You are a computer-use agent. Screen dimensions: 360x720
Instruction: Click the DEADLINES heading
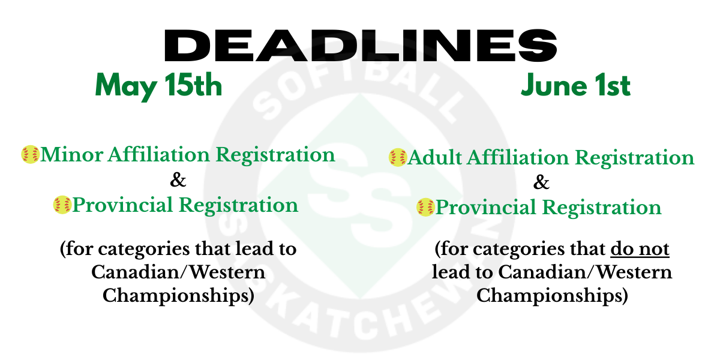click(x=360, y=45)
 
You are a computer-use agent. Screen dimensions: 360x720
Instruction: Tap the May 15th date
click(x=158, y=86)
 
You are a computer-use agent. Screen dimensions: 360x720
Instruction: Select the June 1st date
click(x=575, y=86)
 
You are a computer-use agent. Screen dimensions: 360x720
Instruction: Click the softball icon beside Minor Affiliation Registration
click(x=30, y=155)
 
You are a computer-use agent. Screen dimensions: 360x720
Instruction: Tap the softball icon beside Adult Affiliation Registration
click(x=397, y=158)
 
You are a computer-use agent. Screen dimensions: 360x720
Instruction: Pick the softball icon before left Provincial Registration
click(x=62, y=205)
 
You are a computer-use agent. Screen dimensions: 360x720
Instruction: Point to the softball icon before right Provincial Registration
click(x=425, y=208)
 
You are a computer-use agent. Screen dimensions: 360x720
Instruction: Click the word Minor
click(x=71, y=155)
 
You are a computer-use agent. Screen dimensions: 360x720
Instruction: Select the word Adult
click(x=435, y=158)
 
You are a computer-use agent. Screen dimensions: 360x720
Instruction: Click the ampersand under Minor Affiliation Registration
click(x=179, y=180)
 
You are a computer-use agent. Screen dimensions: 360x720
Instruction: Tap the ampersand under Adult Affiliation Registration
click(x=541, y=182)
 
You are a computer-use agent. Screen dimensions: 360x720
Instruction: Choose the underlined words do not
click(x=640, y=249)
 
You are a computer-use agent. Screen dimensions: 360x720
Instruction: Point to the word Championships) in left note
click(x=178, y=296)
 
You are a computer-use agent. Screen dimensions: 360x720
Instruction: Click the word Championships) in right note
click(x=552, y=296)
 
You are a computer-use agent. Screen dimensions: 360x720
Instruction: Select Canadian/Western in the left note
click(x=178, y=272)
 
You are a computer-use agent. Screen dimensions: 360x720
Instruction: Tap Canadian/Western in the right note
click(x=585, y=272)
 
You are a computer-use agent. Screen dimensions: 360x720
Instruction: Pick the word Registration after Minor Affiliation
click(x=275, y=155)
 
